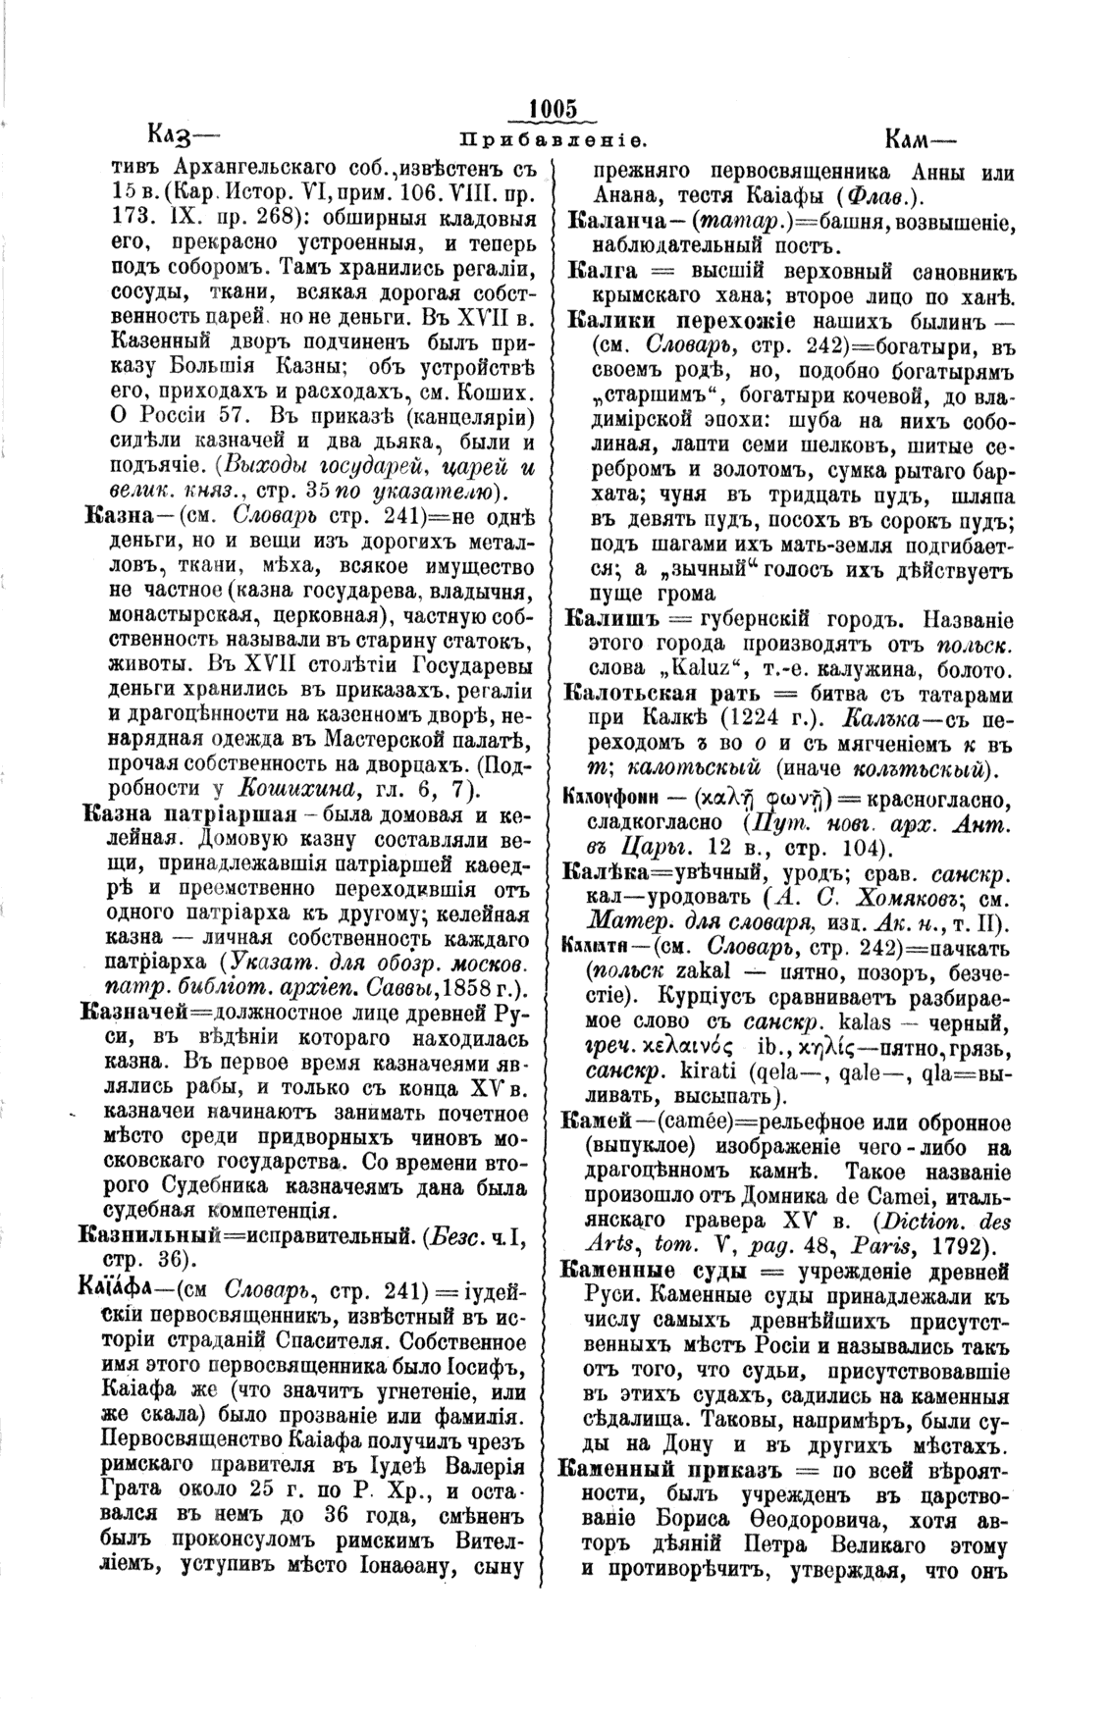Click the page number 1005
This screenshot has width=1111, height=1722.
click(555, 108)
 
